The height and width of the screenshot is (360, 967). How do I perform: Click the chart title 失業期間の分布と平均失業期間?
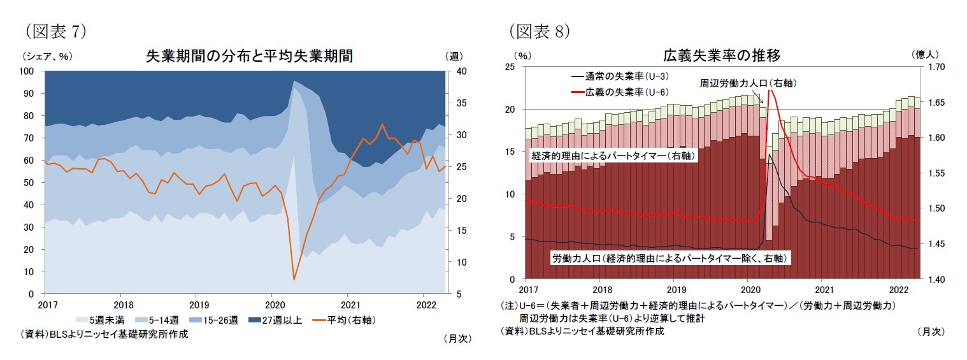[249, 56]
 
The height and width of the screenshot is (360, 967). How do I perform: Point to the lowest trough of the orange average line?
[294, 279]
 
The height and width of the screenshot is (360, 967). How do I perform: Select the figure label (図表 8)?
[538, 31]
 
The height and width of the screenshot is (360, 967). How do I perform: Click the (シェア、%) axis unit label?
[48, 56]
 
